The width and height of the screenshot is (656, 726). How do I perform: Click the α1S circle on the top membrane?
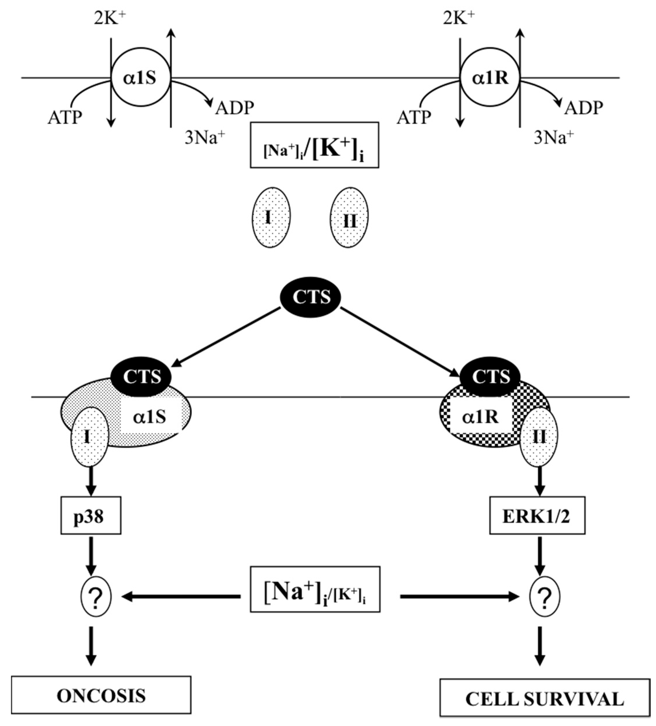click(x=141, y=78)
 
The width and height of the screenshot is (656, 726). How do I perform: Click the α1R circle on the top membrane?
click(x=490, y=78)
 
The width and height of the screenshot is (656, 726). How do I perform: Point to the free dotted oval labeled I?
click(x=271, y=217)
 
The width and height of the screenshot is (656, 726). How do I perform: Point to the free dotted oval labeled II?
click(x=349, y=217)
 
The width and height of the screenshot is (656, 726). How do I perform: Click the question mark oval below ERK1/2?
click(x=545, y=597)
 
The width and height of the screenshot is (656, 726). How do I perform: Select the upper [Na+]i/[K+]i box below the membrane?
click(x=314, y=145)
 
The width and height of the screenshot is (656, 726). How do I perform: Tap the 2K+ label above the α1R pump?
click(x=459, y=19)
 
